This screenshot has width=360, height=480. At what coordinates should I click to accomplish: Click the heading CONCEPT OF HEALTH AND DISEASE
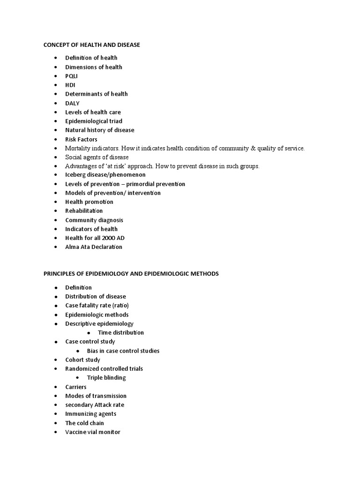coord(91,45)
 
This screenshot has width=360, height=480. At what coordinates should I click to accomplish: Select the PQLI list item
coord(72,76)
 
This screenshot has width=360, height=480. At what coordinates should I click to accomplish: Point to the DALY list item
coord(72,103)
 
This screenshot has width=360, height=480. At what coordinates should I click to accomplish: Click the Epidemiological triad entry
coord(94,121)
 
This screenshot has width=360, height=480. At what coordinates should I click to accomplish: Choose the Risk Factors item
coord(81,139)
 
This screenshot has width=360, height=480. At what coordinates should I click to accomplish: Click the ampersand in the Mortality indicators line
coord(253,148)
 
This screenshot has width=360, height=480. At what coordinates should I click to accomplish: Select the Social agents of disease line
coord(97,157)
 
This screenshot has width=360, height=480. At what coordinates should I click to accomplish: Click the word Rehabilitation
coord(84,211)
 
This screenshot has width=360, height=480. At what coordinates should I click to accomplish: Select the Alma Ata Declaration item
coord(94,247)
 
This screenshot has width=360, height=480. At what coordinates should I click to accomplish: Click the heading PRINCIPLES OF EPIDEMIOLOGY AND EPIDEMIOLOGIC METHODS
coord(131,273)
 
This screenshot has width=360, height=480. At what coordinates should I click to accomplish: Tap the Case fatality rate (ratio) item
coord(97,306)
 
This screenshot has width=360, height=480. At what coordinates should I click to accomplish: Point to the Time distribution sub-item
coord(121,333)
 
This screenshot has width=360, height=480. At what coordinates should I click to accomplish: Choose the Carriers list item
coord(76,387)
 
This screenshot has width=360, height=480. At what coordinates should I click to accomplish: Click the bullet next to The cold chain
coord(55,423)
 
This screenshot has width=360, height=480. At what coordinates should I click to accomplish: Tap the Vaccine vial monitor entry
coord(93,432)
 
